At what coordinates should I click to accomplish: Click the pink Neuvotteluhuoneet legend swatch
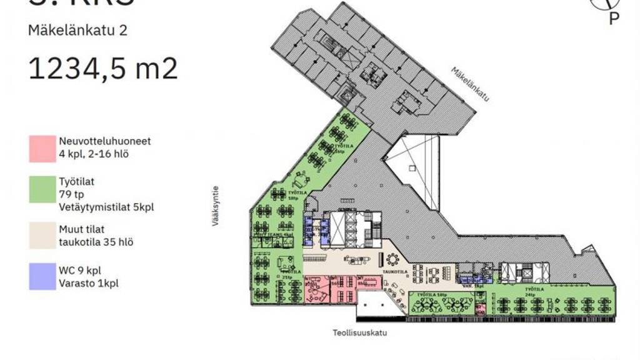(42, 148)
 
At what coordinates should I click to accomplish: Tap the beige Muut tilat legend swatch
(42, 236)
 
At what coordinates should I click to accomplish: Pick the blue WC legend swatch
(42, 276)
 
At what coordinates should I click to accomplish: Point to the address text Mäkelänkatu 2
(77, 30)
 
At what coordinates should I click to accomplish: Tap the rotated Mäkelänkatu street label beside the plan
(469, 84)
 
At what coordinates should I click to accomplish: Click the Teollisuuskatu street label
(359, 333)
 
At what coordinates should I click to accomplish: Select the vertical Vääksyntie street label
(216, 205)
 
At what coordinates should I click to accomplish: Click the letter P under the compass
(614, 19)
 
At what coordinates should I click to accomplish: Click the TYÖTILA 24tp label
(533, 289)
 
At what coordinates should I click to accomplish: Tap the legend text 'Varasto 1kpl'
(89, 283)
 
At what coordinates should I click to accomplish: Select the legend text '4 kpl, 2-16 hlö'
(94, 154)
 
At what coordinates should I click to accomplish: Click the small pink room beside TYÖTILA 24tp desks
(480, 308)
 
